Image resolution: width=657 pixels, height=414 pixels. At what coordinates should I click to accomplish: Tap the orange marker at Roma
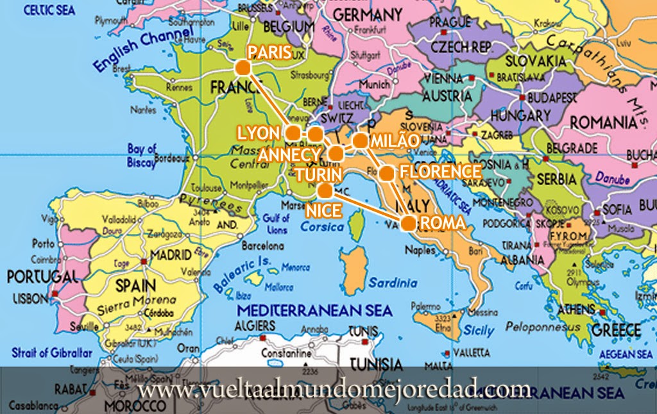[408, 223]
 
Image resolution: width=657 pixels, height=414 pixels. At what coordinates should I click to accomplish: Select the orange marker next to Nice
[325, 190]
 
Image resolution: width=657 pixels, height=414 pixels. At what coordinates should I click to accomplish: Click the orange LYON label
[259, 133]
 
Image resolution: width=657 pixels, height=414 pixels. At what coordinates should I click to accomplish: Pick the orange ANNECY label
[287, 156]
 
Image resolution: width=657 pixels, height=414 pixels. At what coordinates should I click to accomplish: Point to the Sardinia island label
[393, 283]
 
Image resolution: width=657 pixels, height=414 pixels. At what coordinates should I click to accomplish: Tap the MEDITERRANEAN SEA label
[314, 311]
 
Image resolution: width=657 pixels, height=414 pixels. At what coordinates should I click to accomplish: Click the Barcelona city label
[263, 245]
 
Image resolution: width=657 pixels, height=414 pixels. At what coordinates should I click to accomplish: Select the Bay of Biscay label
[142, 156]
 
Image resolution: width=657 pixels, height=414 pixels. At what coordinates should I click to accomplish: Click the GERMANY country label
[368, 14]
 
